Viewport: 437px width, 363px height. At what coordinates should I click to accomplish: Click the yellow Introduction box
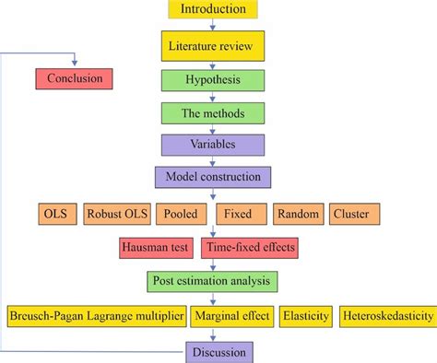coord(214,10)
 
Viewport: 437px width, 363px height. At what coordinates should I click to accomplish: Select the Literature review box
coord(214,44)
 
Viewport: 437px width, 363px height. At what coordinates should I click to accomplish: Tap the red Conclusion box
coord(74,78)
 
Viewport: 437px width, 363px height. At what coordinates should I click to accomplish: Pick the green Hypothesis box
coord(214,79)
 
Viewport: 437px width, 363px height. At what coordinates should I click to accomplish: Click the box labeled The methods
coord(214,113)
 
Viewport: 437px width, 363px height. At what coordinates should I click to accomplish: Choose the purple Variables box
coord(214,145)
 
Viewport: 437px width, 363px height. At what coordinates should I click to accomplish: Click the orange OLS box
coord(54,215)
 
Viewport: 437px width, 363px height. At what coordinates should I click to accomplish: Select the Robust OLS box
coord(115,215)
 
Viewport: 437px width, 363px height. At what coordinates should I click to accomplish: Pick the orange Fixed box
coord(240,215)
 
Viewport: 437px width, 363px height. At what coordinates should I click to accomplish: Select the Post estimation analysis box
coord(214,281)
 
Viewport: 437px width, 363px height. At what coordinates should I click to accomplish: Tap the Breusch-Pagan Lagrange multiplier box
coord(96,316)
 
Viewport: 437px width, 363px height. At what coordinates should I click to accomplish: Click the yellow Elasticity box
coord(306,316)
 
